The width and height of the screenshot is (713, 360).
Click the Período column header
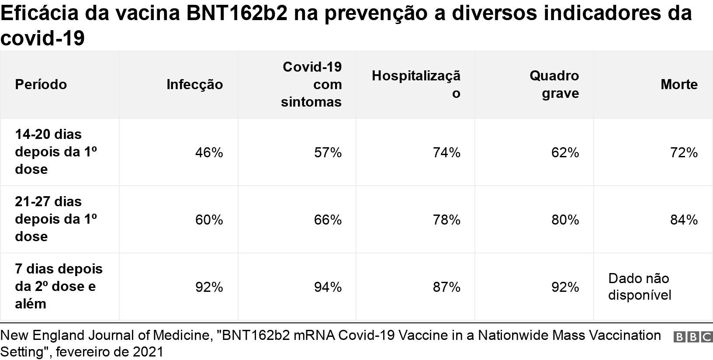(x=41, y=84)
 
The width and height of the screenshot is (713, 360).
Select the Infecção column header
(x=194, y=84)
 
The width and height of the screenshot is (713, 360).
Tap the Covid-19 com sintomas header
(x=311, y=84)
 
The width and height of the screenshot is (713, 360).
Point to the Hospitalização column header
(x=416, y=84)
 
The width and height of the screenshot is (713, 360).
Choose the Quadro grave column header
(x=554, y=84)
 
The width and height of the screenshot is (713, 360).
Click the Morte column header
(x=679, y=84)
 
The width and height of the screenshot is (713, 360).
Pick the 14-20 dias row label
(x=56, y=152)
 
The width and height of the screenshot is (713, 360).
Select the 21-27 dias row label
(x=56, y=219)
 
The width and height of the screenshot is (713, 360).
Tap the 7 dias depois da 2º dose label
(x=59, y=286)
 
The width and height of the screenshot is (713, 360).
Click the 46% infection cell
(x=209, y=152)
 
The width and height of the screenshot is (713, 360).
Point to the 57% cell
(x=328, y=152)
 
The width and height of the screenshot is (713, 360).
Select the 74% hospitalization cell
(x=446, y=152)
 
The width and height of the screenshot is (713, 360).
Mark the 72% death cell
(x=684, y=152)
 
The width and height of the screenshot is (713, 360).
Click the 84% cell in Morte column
(x=684, y=220)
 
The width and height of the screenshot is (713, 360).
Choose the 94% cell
(x=328, y=287)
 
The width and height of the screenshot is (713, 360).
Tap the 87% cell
(x=446, y=287)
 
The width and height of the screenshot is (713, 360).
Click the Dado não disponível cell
(x=639, y=287)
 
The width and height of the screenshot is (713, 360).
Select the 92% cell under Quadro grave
(x=565, y=287)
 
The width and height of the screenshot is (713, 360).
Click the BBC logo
(x=692, y=337)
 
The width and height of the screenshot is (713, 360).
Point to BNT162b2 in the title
(x=237, y=13)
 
